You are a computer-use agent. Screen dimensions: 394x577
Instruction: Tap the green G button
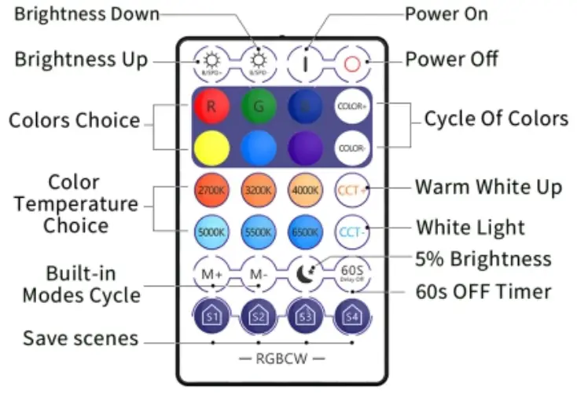click(x=258, y=106)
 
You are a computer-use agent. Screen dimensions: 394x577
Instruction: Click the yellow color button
click(x=211, y=146)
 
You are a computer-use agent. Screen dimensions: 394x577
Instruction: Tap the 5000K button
click(x=211, y=232)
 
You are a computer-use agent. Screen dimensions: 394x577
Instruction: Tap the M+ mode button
click(x=211, y=274)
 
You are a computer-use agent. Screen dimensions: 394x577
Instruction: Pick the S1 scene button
click(x=211, y=316)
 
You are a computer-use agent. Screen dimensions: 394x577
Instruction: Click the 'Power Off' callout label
click(x=451, y=60)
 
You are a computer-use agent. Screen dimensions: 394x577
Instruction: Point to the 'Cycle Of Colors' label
click(x=495, y=119)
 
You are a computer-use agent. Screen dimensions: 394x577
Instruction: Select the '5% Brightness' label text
click(x=483, y=259)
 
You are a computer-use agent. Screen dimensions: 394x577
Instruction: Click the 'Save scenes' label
click(x=81, y=339)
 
